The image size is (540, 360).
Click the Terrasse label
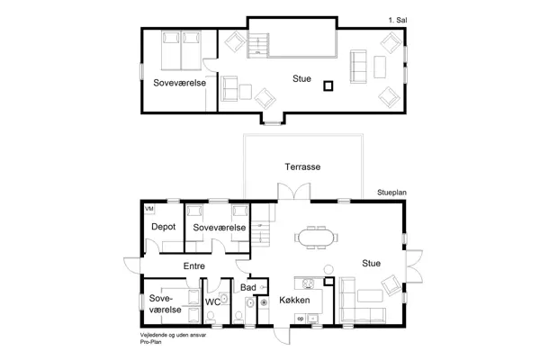(303, 167)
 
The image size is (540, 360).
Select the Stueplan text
(392, 193)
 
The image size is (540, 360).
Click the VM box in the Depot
(149, 209)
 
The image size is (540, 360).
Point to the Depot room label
(162, 228)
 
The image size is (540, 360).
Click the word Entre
(193, 266)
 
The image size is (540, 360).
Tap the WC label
(212, 302)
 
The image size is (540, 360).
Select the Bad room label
(248, 287)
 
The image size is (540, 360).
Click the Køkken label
(294, 299)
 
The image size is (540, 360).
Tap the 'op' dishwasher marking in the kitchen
(301, 318)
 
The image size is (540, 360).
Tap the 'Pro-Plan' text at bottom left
(150, 343)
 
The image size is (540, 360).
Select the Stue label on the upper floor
(302, 79)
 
